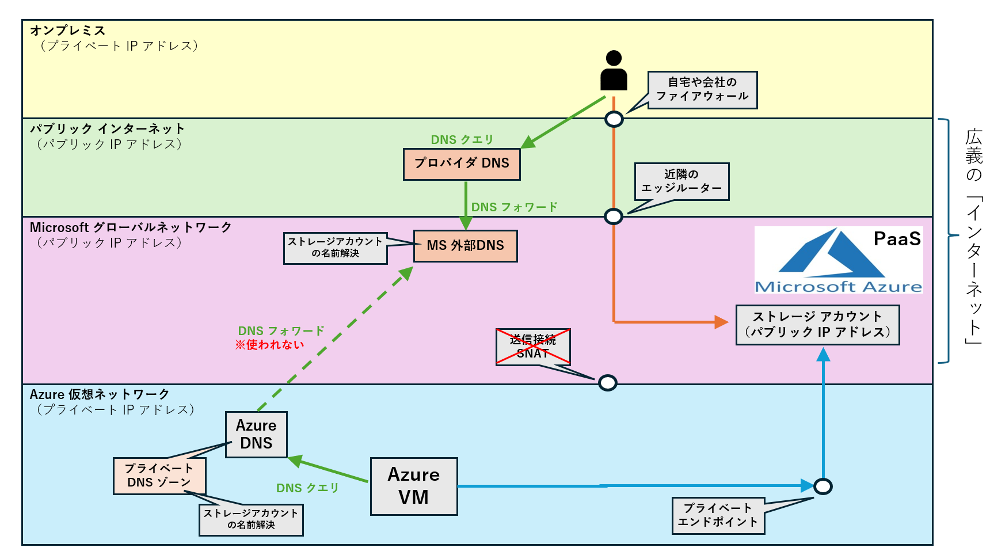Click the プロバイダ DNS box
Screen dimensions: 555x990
click(462, 164)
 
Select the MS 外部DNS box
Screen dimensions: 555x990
click(465, 246)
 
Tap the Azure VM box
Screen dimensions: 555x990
click(414, 486)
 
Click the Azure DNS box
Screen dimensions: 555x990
click(256, 435)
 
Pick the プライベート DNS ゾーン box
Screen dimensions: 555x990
click(159, 476)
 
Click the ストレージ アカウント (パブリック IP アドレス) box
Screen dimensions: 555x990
click(817, 325)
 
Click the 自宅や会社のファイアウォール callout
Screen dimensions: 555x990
click(702, 90)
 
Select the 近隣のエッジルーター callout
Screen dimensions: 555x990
click(681, 181)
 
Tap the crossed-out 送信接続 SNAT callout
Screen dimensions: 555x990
click(533, 347)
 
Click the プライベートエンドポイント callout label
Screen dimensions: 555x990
click(718, 516)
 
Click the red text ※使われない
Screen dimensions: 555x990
click(269, 345)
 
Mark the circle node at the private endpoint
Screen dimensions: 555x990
click(823, 486)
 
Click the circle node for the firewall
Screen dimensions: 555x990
click(614, 119)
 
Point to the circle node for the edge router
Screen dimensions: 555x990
click(614, 216)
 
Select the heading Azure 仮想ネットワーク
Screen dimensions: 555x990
click(100, 394)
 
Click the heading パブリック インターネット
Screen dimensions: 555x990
click(107, 128)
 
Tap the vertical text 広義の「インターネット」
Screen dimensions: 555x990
click(973, 236)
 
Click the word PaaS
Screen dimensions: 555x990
click(897, 239)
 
